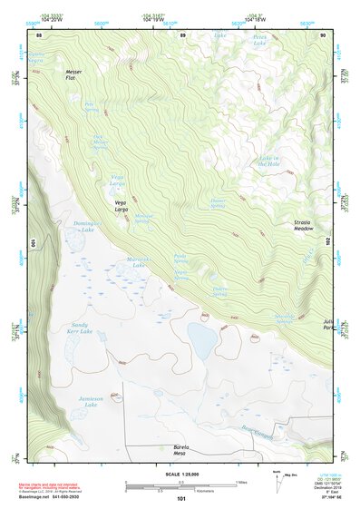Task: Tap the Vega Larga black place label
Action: tap(121, 206)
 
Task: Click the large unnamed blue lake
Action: tap(201, 341)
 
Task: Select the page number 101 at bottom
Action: tap(181, 499)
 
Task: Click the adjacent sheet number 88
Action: tap(39, 35)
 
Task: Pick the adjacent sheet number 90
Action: tap(323, 35)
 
